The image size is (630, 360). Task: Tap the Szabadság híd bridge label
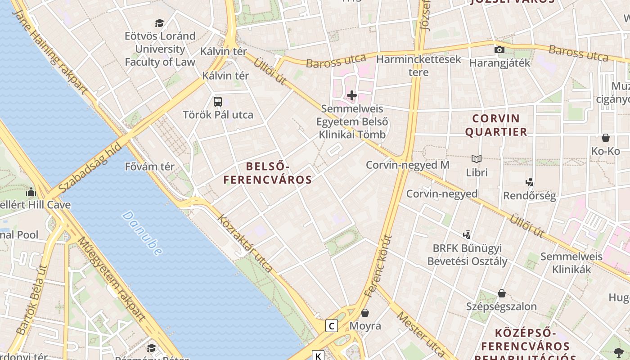point(90,167)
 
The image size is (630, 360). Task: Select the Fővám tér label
point(149,166)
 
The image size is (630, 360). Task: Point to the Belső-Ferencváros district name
point(267,173)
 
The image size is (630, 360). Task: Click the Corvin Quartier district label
point(496,125)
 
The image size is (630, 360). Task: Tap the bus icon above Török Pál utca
point(218,102)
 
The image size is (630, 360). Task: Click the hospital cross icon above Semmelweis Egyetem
point(352,95)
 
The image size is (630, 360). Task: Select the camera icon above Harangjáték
point(499,49)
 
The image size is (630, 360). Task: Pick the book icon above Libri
point(477,159)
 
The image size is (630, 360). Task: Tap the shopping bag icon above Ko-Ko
point(606,138)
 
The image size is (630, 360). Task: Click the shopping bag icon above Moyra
point(365,312)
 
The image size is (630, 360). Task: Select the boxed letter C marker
point(332,326)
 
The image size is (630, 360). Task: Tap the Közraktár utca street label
point(245,243)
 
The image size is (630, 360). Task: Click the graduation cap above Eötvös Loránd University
point(159,23)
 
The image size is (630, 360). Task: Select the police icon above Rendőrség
point(529,182)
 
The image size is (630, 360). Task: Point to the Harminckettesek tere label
point(418,66)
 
